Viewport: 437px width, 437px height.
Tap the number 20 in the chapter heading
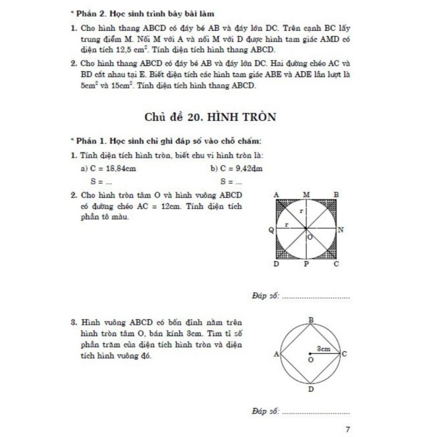tap(195, 117)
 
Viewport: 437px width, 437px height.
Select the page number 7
tap(348, 429)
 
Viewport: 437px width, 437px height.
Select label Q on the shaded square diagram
tap(271, 230)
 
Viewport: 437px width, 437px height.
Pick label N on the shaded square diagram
tap(341, 230)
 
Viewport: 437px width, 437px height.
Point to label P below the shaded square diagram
tap(306, 264)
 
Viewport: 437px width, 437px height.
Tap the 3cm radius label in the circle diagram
tap(324, 349)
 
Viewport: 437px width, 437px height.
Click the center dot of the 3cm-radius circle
tap(309, 354)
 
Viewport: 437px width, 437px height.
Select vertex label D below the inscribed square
tap(311, 389)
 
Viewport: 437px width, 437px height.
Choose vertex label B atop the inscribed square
tap(311, 320)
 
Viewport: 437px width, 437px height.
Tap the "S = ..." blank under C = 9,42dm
tap(231, 182)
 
